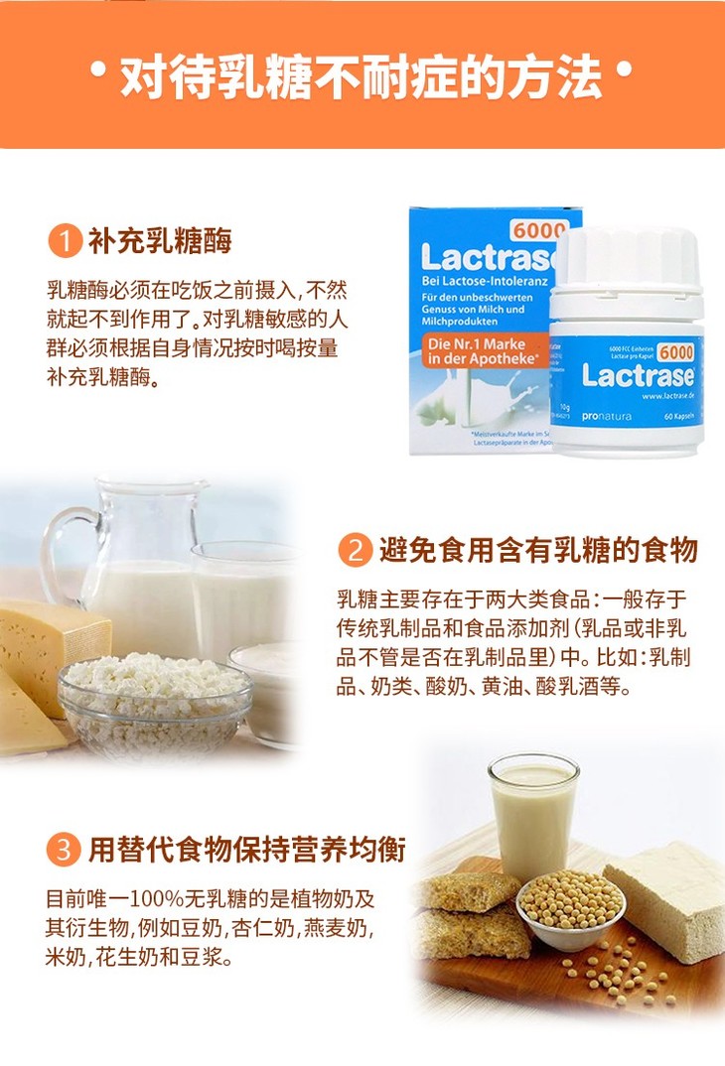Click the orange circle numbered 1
click(x=65, y=241)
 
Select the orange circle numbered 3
click(x=65, y=851)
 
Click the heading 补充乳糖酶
click(x=159, y=241)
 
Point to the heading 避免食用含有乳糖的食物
click(x=537, y=550)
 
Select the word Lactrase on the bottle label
click(x=635, y=376)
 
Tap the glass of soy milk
click(x=532, y=814)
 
